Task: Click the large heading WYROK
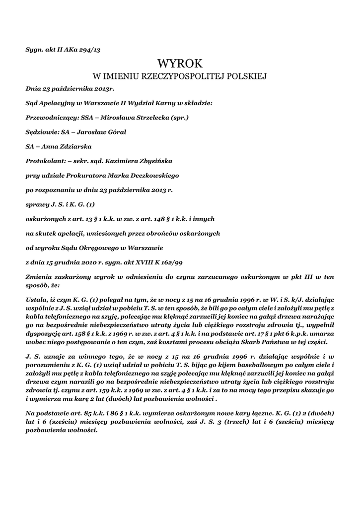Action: [x=180, y=63]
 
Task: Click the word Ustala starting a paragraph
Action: [x=36, y=300]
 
